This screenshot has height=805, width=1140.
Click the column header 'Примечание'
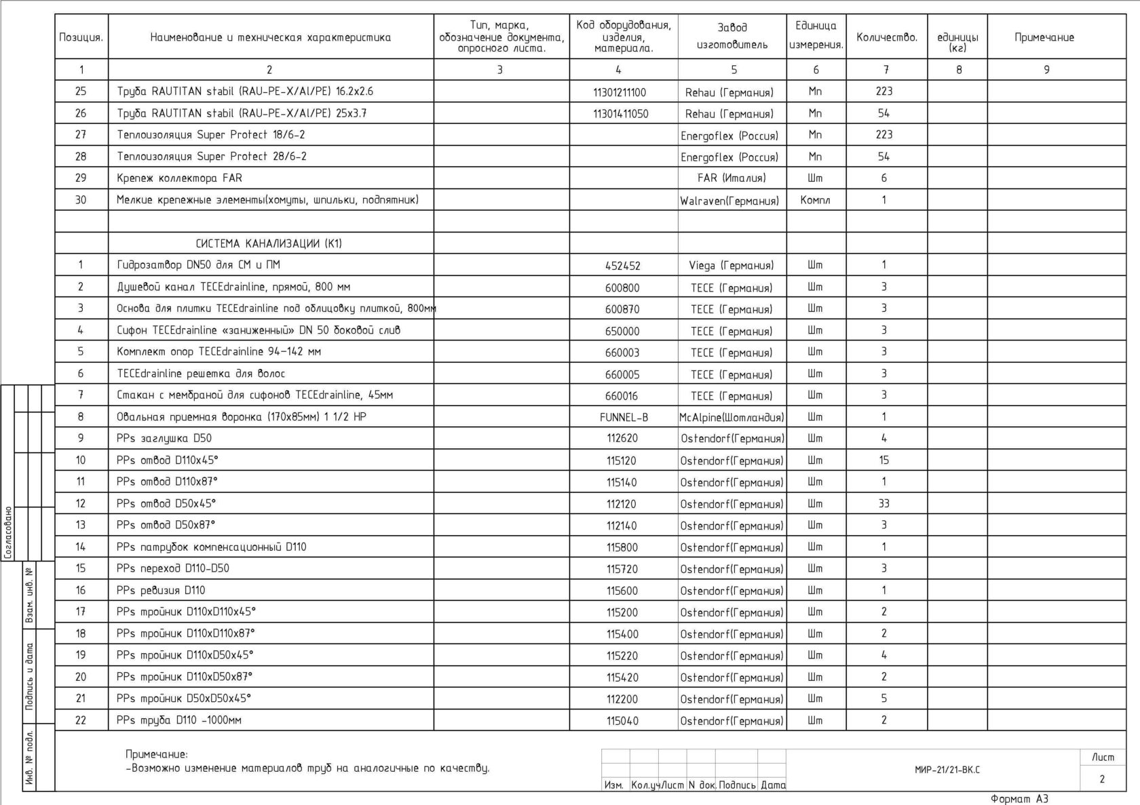coord(1044,37)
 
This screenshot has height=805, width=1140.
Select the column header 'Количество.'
coord(886,37)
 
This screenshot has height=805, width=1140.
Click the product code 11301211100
coord(620,92)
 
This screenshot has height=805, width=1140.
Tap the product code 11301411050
coord(620,114)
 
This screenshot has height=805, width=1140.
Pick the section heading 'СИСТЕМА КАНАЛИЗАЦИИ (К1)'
coord(269,243)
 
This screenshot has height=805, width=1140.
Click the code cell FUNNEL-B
coord(624,418)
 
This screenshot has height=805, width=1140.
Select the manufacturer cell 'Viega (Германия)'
coord(731,266)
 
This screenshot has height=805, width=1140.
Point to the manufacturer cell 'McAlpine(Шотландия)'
coord(731,418)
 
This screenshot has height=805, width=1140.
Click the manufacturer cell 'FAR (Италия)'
coord(731,178)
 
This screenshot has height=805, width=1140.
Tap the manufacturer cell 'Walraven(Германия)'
coord(729,201)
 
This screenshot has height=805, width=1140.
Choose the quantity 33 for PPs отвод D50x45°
coord(883,504)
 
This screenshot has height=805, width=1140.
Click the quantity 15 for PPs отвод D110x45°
coord(883,460)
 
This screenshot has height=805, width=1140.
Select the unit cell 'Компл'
coord(815,200)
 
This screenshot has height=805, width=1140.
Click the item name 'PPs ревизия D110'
coord(161,591)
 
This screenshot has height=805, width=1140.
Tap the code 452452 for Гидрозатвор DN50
coord(622,266)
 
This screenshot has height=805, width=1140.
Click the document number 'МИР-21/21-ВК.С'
coord(947,770)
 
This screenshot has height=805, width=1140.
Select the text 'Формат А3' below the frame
coord(1019,799)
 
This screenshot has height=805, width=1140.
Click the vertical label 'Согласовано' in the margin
coord(8,532)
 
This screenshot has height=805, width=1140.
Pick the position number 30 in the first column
coord(81,200)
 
